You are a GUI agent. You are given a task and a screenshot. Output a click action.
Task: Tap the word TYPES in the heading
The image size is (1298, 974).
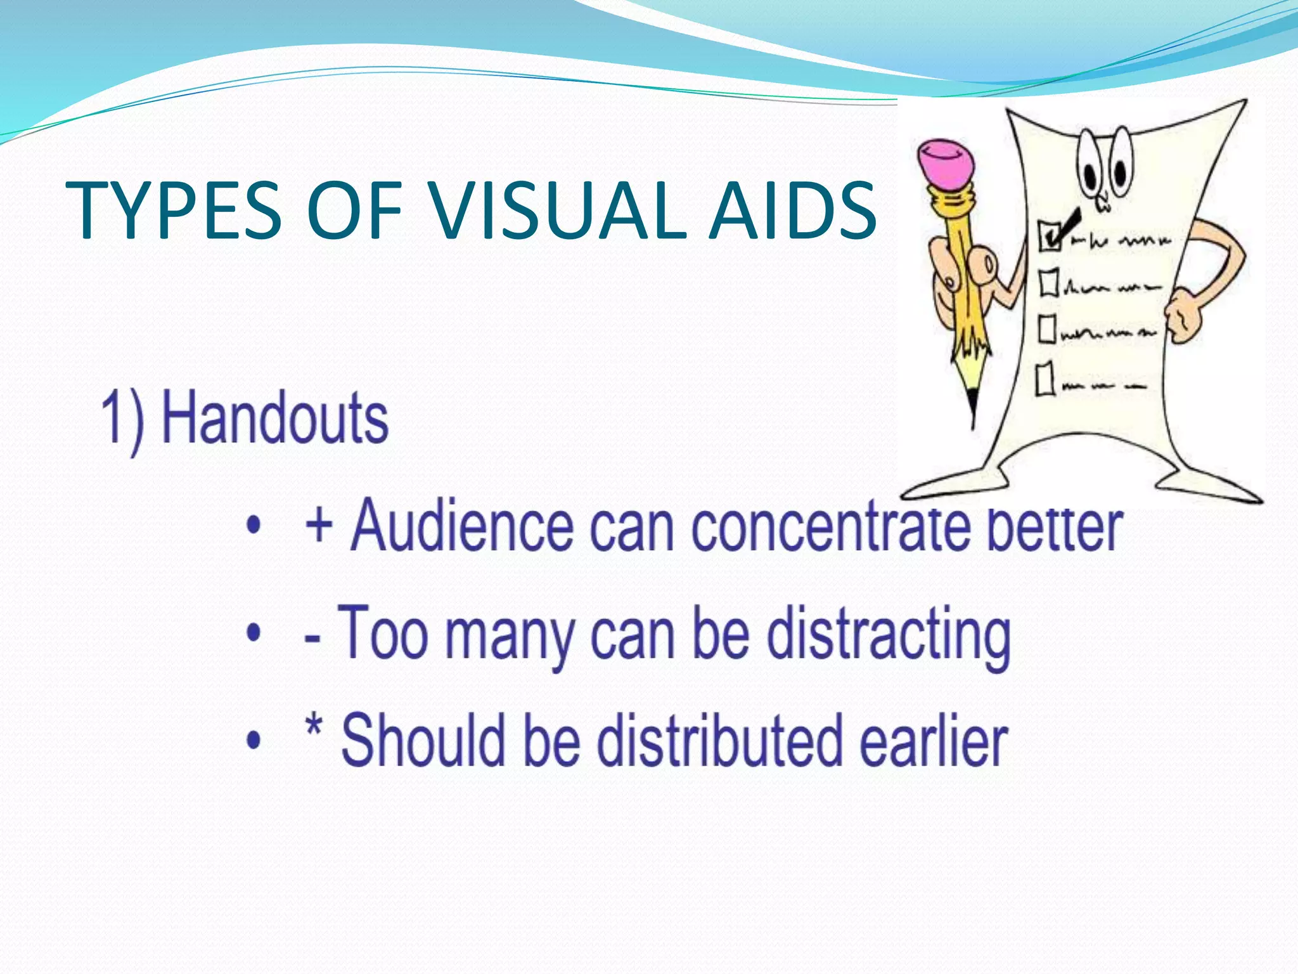point(173,211)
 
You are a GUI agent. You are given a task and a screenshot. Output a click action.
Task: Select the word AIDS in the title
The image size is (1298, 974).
point(792,211)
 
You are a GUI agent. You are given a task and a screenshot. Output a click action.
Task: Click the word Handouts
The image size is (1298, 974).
point(275,418)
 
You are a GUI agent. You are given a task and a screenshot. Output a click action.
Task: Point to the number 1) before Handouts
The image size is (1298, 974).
point(122,419)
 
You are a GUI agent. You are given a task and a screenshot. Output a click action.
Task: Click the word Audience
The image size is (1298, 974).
point(462,526)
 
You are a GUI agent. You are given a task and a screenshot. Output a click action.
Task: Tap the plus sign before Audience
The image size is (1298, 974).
point(319,526)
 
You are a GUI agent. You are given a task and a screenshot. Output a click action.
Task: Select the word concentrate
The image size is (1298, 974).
point(830,527)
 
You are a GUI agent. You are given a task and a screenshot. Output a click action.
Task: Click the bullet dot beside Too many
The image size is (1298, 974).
point(254,633)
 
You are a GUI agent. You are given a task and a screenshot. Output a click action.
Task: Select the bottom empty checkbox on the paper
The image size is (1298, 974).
point(1045,379)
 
